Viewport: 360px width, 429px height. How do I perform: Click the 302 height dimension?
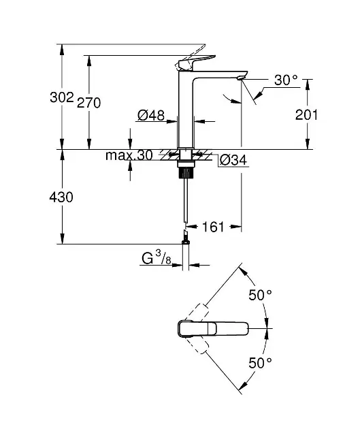tap(62, 97)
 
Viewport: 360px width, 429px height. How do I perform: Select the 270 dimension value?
tap(89, 103)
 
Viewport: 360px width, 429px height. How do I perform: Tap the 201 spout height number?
tap(306, 114)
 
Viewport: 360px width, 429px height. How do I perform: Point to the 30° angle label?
tap(286, 80)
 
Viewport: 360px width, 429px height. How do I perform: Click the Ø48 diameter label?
tap(151, 115)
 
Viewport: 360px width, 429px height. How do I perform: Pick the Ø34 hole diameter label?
tap(233, 160)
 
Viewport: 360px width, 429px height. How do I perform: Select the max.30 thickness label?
tap(129, 155)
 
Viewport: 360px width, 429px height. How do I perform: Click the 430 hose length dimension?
tap(61, 197)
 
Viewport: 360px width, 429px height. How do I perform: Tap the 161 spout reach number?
tap(212, 227)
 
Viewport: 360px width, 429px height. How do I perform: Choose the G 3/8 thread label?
tap(157, 259)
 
